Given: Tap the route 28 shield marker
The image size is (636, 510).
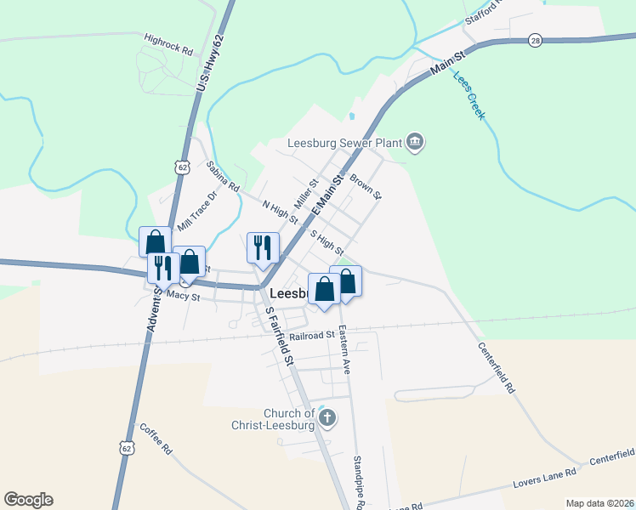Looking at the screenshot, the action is point(534,40).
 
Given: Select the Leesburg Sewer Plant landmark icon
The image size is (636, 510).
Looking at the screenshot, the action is point(415,141).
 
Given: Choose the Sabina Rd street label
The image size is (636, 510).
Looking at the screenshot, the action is point(223,176).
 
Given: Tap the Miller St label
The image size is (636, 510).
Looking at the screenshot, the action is point(305,195).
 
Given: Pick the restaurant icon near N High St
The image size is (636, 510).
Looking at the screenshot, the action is point(263,248).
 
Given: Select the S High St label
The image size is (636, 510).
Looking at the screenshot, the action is point(327,243).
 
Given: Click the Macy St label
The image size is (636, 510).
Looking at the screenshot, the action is point(183,297).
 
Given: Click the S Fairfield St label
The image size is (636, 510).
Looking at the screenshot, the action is point(279,336).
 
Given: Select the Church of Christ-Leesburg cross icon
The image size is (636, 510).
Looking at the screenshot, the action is point(328,417).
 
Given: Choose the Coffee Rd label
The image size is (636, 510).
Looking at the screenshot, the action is point(156,438).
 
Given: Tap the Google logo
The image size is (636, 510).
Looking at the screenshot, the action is point(28,500).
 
